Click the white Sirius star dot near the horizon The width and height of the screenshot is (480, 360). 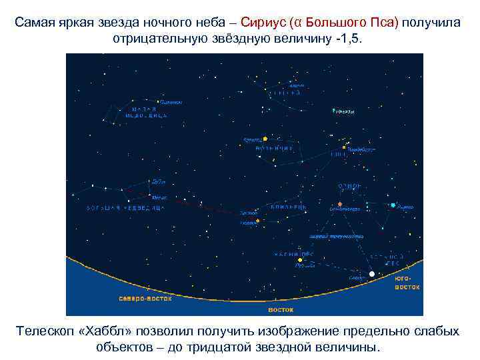(x=371, y=274)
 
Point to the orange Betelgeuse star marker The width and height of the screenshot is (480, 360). (x=339, y=203)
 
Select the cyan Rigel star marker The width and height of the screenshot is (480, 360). (x=393, y=205)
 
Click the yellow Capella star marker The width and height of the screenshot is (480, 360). (x=265, y=139)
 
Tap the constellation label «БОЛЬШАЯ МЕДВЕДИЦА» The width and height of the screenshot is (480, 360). (x=125, y=208)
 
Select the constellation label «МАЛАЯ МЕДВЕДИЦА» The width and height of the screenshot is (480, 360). (x=146, y=113)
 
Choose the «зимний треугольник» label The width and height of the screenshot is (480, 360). (x=336, y=236)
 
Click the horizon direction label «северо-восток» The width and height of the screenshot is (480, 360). (x=145, y=299)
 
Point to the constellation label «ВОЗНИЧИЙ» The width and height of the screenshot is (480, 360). (x=274, y=148)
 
